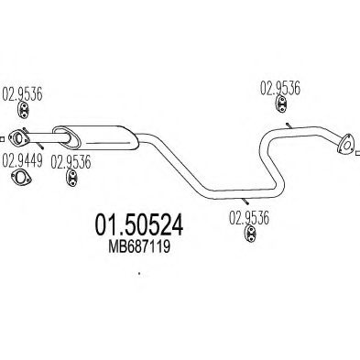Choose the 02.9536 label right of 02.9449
point(70,164)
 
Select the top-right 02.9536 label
point(279,89)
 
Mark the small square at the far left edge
point(3,140)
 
